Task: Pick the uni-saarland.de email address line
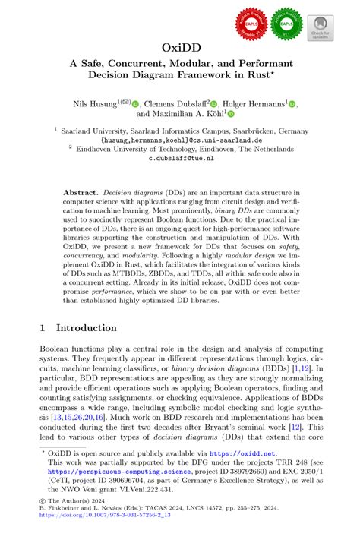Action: click(179, 140)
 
